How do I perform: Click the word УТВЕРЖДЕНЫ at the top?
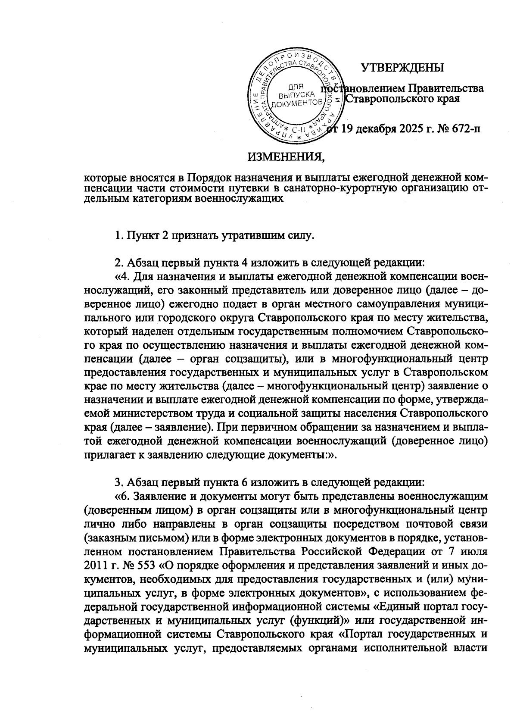pos(402,68)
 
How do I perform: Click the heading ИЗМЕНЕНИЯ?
pos(286,156)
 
